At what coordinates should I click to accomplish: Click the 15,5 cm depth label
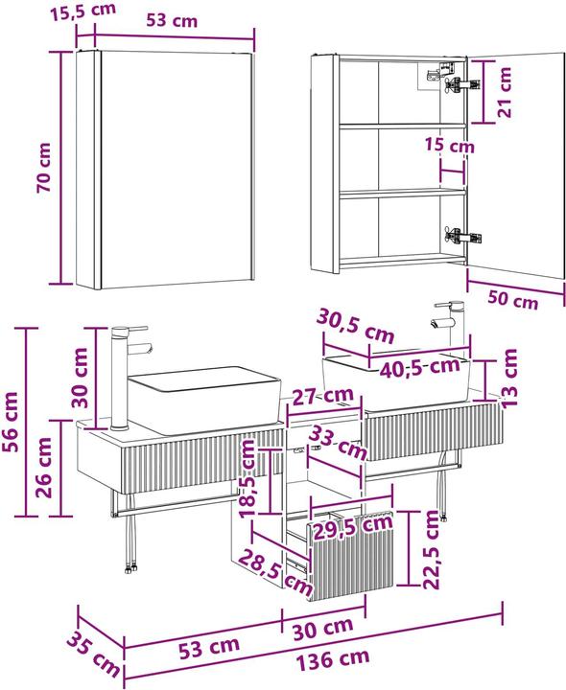click(83, 11)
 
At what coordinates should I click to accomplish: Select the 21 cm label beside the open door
click(505, 92)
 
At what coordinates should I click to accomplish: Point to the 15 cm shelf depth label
click(450, 145)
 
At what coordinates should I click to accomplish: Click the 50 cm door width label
click(512, 300)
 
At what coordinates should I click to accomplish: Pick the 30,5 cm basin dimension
click(356, 326)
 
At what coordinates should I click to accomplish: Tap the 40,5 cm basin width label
click(419, 366)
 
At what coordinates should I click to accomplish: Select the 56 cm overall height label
click(11, 423)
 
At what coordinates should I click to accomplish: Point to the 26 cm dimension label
click(44, 468)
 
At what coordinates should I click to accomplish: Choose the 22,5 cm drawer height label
click(432, 550)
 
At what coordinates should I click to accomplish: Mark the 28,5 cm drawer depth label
click(275, 571)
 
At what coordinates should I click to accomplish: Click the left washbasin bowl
click(204, 399)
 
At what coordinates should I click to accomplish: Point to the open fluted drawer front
click(350, 557)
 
